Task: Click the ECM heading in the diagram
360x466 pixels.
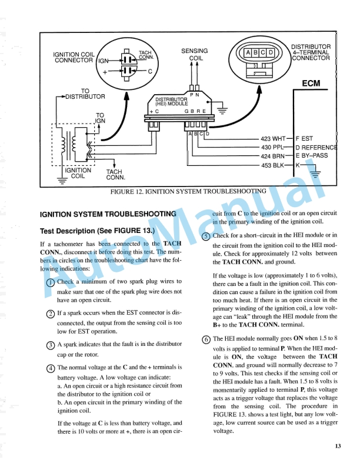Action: pos(311,84)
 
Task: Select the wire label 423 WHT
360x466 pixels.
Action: pos(273,139)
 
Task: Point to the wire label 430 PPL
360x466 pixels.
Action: pos(273,147)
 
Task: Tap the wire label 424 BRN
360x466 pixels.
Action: pos(273,156)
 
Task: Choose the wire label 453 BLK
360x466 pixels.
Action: pos(273,165)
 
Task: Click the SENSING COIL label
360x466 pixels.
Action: pos(194,55)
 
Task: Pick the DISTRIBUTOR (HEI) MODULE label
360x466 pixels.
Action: pos(172,101)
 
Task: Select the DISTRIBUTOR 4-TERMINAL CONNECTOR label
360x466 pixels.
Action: pos(311,52)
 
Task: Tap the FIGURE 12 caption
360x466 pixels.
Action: pos(188,191)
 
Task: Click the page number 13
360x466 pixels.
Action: pos(338,446)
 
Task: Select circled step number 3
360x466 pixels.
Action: pos(49,345)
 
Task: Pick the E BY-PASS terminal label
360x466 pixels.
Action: pos(312,156)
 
